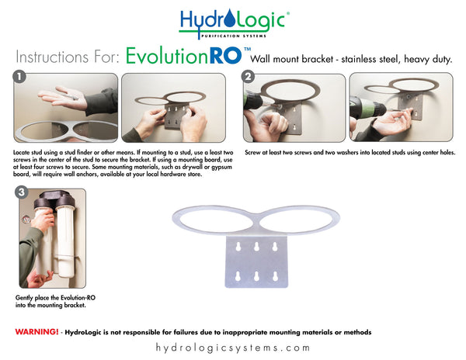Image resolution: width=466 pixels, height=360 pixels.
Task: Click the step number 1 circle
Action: pyautogui.click(x=19, y=78)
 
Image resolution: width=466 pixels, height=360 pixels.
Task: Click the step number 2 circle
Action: pyautogui.click(x=248, y=78)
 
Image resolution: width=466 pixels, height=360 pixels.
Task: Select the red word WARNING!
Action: pyautogui.click(x=37, y=331)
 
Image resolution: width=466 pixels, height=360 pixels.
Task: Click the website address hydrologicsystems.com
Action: pyautogui.click(x=232, y=348)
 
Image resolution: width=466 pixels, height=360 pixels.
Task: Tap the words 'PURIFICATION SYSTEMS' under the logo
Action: pyautogui.click(x=233, y=36)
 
